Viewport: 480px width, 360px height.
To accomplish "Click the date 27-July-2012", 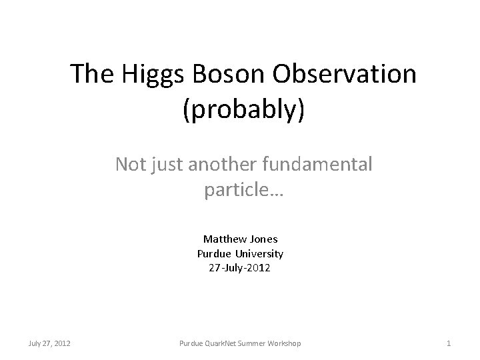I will pos(240,268).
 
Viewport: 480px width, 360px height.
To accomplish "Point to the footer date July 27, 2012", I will pos(50,343).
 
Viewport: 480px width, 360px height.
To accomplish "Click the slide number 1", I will pos(449,343).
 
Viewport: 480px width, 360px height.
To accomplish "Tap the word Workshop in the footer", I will pos(282,343).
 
